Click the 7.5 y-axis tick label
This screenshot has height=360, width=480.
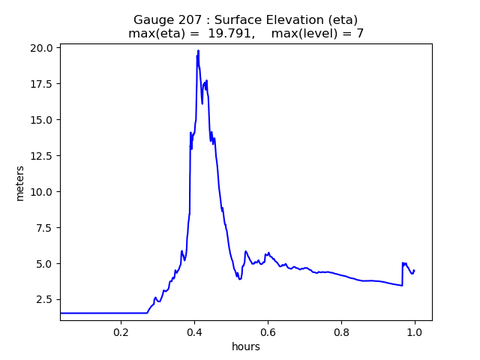click(46, 228)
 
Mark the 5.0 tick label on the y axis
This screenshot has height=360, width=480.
click(46, 264)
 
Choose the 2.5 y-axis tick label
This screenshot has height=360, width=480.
click(46, 300)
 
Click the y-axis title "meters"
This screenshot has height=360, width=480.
click(20, 183)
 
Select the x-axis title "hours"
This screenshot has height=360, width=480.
click(246, 346)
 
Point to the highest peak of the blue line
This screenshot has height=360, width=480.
click(198, 50)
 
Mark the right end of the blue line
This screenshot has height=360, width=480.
click(414, 271)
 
